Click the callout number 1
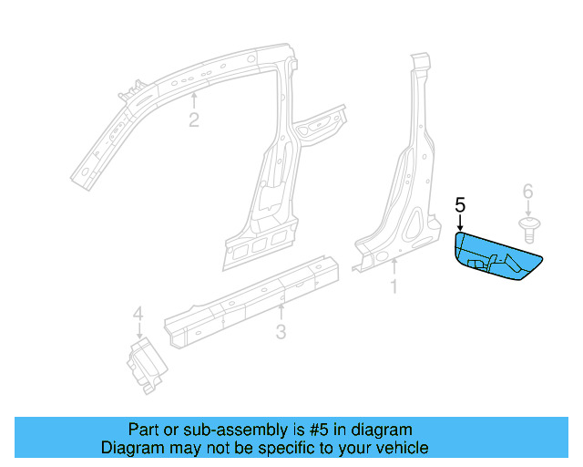394,287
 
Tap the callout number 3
281,332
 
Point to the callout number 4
138,315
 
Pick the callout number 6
527,191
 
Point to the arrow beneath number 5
460,222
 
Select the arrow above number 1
394,268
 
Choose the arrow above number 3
281,312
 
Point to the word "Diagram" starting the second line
128,448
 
